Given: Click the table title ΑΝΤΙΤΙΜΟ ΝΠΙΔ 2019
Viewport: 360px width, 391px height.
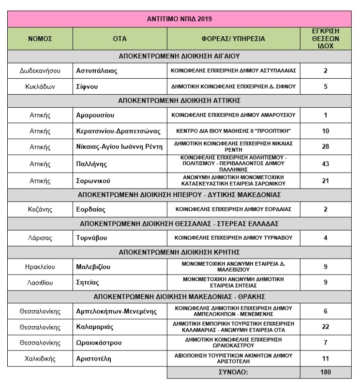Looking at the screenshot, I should (x=180, y=20).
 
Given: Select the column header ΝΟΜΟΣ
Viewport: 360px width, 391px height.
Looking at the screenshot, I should (x=40, y=38).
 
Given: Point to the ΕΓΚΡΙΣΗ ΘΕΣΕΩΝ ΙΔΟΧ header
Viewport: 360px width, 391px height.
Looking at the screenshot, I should (x=325, y=38).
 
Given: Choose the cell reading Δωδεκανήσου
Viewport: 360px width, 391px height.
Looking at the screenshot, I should (x=40, y=71).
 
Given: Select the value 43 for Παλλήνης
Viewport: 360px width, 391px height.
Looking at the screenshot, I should (x=325, y=163).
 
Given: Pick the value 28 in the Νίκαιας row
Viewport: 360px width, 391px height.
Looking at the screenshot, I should (x=325, y=146).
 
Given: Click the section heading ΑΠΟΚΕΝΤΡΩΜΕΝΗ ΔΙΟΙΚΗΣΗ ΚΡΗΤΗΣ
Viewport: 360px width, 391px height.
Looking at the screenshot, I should (x=180, y=253).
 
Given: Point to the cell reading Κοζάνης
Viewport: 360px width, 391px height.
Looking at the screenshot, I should (x=40, y=210).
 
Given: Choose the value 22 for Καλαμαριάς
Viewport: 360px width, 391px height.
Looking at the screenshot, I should (x=325, y=327).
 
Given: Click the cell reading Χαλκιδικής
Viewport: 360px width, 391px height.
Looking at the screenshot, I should (x=40, y=359).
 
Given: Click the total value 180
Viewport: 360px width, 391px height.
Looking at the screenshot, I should (x=325, y=373).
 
